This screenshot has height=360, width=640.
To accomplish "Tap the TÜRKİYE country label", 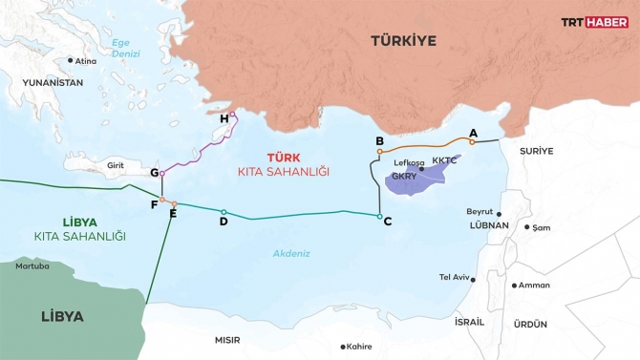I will pyautogui.click(x=404, y=40).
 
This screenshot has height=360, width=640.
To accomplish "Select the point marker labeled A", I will pyautogui.click(x=472, y=141).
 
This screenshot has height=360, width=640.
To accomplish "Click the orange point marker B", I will pyautogui.click(x=380, y=151).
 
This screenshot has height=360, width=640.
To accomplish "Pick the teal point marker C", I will pyautogui.click(x=380, y=219).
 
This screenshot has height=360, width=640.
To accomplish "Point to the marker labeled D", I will pyautogui.click(x=224, y=212).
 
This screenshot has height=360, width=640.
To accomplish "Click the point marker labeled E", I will pyautogui.click(x=173, y=203).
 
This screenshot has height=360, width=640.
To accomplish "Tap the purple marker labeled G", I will pyautogui.click(x=162, y=174).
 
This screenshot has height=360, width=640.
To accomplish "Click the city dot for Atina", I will pyautogui.click(x=70, y=60).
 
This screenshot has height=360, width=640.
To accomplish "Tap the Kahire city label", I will pyautogui.click(x=359, y=347).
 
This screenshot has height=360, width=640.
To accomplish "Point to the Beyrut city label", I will pyautogui.click(x=479, y=211).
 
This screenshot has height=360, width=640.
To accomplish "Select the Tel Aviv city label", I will pyautogui.click(x=454, y=277).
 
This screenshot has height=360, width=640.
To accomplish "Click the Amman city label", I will pyautogui.click(x=533, y=285).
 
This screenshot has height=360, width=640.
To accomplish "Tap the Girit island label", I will pyautogui.click(x=117, y=165).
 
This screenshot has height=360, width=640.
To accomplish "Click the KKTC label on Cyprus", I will pyautogui.click(x=445, y=160).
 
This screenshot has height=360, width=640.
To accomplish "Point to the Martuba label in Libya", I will pyautogui.click(x=32, y=265).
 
